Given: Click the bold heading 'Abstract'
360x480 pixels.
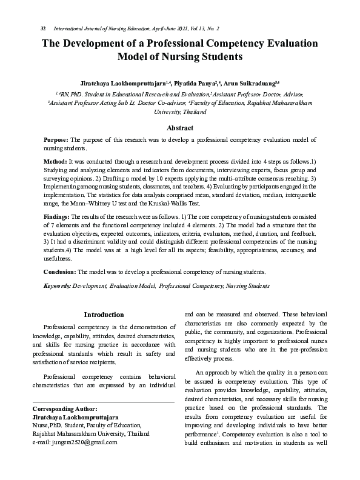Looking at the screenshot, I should pos(180,128).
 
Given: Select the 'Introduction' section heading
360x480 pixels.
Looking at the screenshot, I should pos(104,315).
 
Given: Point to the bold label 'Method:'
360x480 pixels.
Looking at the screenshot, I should pos(56,162).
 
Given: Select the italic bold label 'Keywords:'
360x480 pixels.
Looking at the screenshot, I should pos(57,285).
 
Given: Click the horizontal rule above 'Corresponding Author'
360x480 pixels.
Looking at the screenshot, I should pos(102,401).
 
